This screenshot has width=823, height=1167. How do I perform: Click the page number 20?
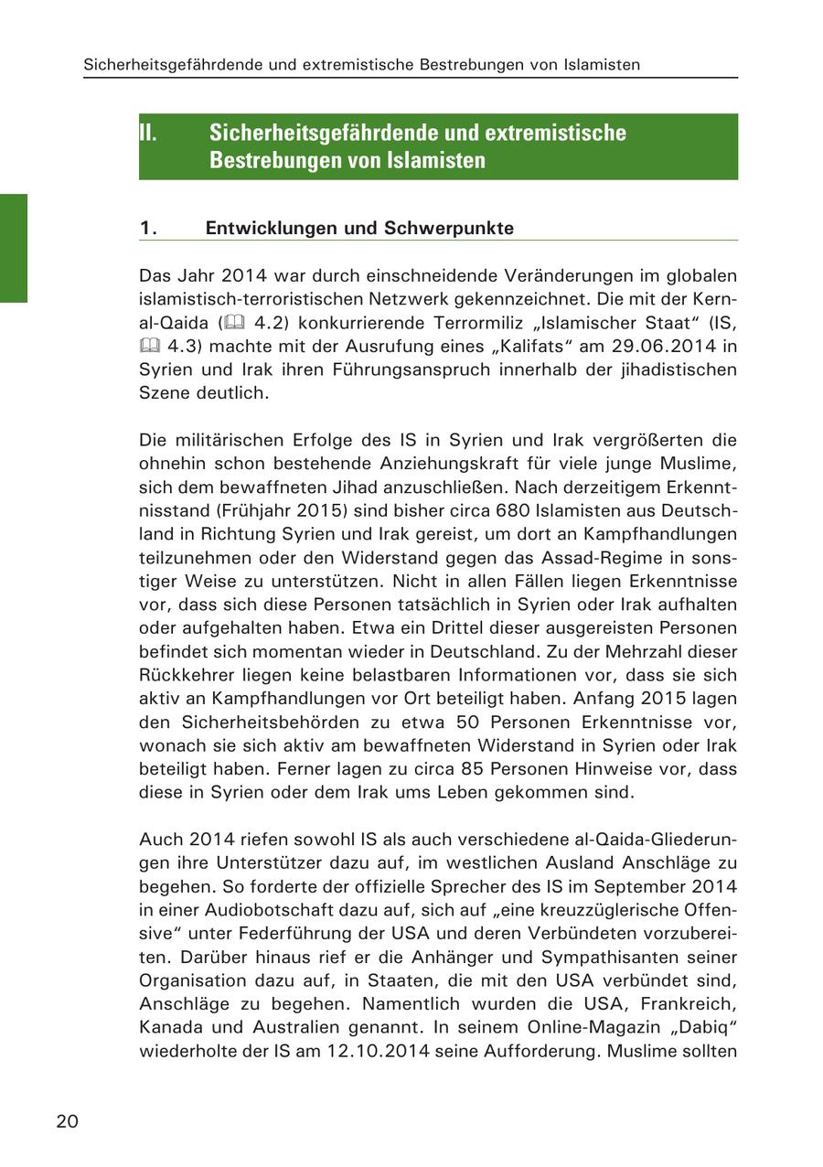point(67,1121)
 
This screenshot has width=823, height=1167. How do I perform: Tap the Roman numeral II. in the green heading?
point(148,133)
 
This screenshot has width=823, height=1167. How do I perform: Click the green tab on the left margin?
point(14,247)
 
